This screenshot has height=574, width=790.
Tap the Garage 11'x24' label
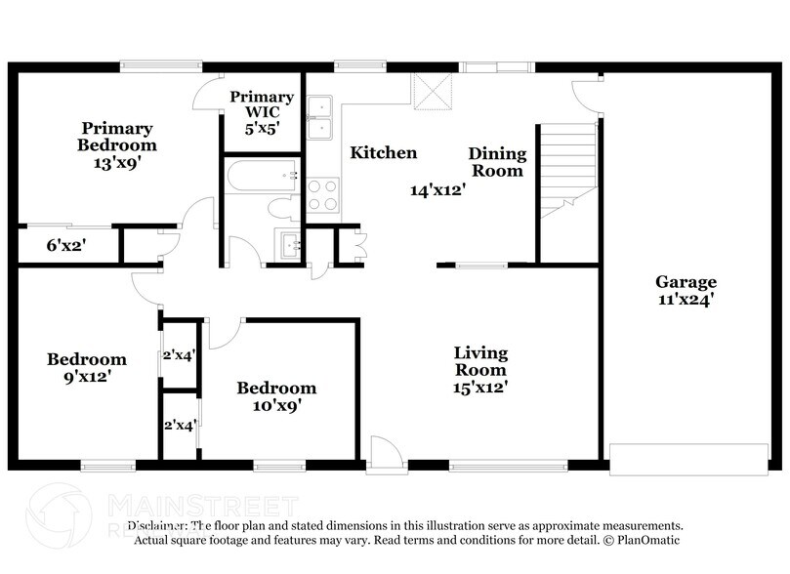point(685,291)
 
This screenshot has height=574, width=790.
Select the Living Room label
point(480,369)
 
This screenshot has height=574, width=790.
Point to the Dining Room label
point(497,162)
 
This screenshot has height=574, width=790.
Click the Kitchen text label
point(384,153)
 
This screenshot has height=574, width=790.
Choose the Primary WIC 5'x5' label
point(262,111)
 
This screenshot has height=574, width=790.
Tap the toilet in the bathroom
point(283,206)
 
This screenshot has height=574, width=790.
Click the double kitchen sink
point(320,118)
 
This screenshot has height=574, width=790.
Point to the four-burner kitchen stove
point(322,194)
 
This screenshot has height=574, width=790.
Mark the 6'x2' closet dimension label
point(65,247)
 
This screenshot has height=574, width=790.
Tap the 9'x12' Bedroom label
point(87,368)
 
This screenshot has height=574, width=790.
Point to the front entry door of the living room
point(385,454)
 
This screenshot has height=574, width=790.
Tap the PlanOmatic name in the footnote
point(646,540)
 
